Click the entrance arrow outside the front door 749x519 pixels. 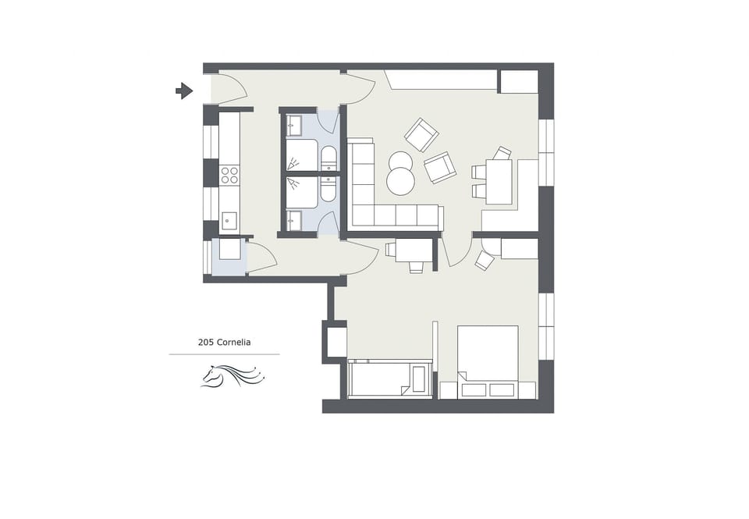click(x=184, y=91)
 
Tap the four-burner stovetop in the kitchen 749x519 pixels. click(x=229, y=175)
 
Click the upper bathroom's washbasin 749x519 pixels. click(x=295, y=123)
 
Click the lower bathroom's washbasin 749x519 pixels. click(x=295, y=222)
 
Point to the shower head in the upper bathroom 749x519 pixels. click(x=295, y=164)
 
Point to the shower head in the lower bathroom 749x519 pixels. click(x=295, y=183)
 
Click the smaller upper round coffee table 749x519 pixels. click(x=400, y=162)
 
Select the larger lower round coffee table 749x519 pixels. click(x=400, y=182)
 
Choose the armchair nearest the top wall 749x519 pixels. click(x=421, y=134)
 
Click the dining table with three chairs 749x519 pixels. click(x=499, y=181)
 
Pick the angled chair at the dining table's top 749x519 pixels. click(x=502, y=153)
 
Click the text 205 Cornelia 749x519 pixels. click(x=224, y=342)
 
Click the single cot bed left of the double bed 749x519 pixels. click(x=389, y=379)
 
